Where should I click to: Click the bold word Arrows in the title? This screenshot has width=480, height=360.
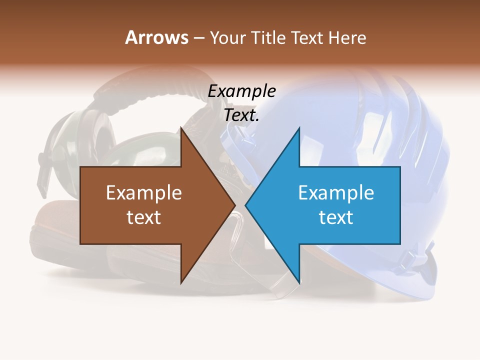click(x=156, y=37)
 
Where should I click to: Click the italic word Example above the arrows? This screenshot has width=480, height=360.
click(x=241, y=91)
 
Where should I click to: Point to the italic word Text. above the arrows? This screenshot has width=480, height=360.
click(x=241, y=115)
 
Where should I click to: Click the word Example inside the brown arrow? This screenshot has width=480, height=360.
click(x=143, y=193)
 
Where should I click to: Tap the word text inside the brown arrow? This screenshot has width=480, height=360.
click(x=143, y=217)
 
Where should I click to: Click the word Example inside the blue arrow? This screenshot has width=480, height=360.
click(x=336, y=193)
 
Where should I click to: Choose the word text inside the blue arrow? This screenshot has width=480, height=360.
click(x=336, y=217)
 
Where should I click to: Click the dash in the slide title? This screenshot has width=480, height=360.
click(x=198, y=38)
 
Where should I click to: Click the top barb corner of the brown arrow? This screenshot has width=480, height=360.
click(x=181, y=128)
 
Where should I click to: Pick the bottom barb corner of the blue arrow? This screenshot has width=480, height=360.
click(x=299, y=282)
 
